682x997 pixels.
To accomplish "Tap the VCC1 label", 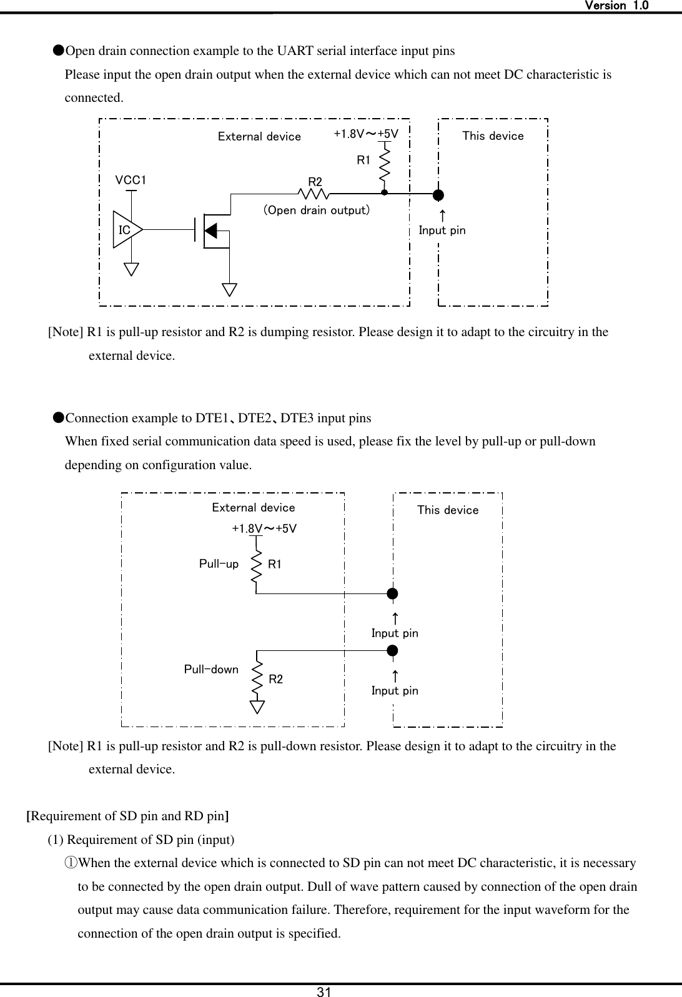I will [x=131, y=181].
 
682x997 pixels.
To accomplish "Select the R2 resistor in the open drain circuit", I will [x=315, y=194].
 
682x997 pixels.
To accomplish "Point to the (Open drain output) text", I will [x=316, y=211].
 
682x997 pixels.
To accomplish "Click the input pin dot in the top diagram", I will [x=439, y=194].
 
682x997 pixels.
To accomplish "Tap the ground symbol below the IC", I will [x=131, y=269].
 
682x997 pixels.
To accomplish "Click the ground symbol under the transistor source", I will [x=230, y=289].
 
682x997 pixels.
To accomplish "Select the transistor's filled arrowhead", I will [x=211, y=230].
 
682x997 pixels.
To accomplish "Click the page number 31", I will [x=324, y=991].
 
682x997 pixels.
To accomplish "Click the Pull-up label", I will [x=219, y=564].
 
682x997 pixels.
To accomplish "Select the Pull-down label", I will [x=211, y=670].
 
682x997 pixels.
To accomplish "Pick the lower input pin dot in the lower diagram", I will [x=392, y=651].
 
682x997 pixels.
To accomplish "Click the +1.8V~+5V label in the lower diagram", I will [x=264, y=528].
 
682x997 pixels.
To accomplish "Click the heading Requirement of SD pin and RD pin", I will [x=127, y=816].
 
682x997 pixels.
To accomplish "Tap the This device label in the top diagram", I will [x=493, y=136].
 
